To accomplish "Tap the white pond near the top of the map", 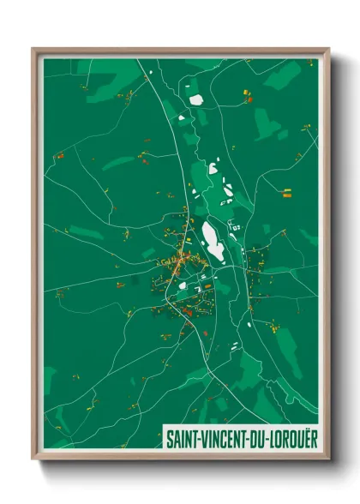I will click(x=195, y=99).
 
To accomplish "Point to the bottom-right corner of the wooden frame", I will click(x=327, y=458).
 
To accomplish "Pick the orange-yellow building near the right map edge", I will click(x=288, y=195).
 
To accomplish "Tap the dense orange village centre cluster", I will click(x=182, y=261).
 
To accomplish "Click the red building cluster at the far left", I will click(x=61, y=156).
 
